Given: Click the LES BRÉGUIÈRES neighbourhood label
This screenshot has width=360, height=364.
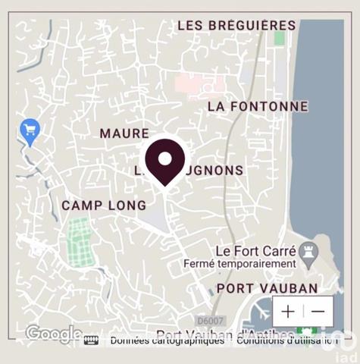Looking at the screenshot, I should pos(236,26).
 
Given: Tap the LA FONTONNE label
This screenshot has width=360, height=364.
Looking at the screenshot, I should pos(258,107).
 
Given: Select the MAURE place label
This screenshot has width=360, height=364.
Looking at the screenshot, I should pos(124,133).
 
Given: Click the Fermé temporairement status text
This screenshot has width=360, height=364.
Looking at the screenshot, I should pos(239,263).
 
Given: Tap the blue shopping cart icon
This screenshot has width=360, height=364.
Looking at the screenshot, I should pos(30,131).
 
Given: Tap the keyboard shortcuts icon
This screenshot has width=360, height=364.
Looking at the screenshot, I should pos(91,340).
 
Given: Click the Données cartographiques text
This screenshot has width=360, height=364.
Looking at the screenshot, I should pos(167,340).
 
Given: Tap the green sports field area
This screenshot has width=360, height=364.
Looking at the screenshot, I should pos(80,242).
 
